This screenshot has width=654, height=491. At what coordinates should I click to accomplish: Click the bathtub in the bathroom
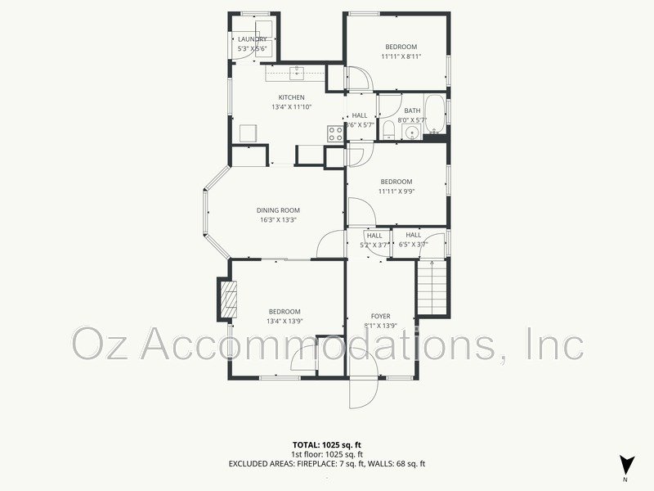click(435, 115)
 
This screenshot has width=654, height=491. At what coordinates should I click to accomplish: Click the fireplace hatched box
click(226, 300)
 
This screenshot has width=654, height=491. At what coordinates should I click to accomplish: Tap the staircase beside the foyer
click(433, 288)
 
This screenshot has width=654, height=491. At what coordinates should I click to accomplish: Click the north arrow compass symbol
click(626, 464)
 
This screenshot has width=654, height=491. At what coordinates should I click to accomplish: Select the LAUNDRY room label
click(252, 38)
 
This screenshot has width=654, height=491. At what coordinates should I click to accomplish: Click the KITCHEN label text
click(291, 97)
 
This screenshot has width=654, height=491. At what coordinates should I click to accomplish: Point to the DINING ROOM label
click(278, 210)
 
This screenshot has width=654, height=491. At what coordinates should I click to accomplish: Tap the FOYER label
click(380, 316)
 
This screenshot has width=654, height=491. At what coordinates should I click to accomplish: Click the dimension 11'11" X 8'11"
click(401, 56)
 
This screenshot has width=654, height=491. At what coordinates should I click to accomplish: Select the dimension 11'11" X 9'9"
click(396, 191)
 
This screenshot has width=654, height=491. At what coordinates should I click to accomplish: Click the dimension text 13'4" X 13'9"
click(284, 322)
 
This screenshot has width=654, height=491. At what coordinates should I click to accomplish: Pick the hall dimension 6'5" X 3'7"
click(413, 245)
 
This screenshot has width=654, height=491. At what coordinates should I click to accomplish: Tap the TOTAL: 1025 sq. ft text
click(327, 444)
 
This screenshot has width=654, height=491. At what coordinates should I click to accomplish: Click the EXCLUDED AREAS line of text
click(327, 464)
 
